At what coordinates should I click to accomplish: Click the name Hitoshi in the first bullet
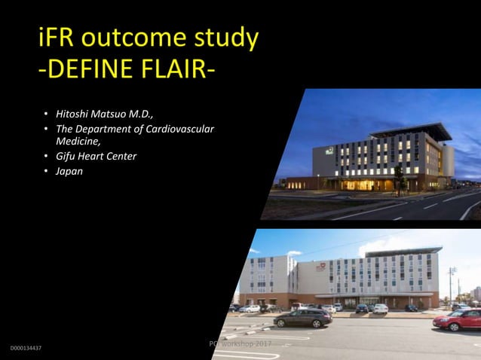pos(75,115)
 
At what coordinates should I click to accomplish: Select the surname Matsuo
pos(117,115)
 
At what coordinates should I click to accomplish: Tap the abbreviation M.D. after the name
pos(153,115)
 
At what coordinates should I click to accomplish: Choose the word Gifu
pos(66,157)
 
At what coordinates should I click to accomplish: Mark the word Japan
pos(69,171)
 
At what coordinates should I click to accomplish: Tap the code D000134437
pos(26,349)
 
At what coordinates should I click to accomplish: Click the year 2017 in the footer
pos(261,343)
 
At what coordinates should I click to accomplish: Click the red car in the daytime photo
pos(458,319)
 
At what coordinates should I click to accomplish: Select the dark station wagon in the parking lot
pos(302,318)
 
